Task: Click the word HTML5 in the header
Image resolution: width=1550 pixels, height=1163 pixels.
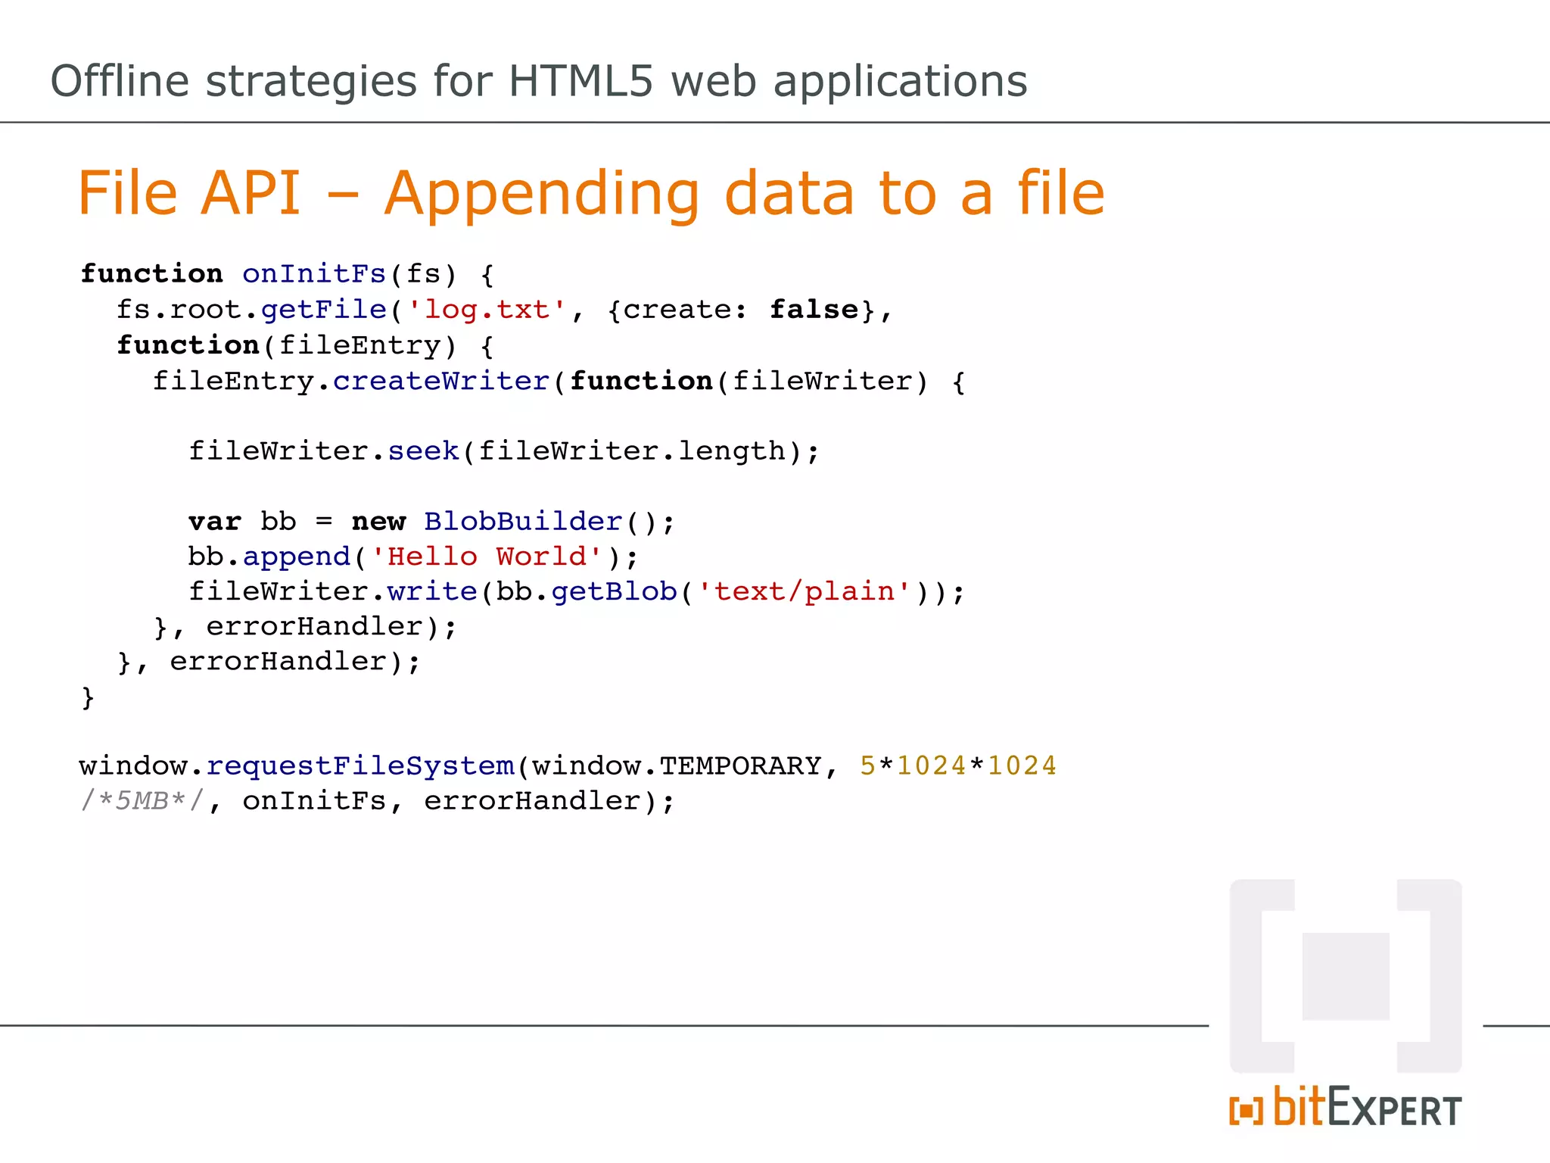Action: coord(580,81)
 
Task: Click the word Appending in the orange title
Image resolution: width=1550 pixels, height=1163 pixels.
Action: coord(543,194)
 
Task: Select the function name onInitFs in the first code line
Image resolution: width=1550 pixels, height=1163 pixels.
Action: coord(314,274)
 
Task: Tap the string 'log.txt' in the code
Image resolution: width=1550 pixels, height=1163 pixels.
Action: coord(487,310)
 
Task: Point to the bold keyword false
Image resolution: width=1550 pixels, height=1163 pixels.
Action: coord(814,310)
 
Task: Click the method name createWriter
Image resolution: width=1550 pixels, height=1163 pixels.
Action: coord(440,381)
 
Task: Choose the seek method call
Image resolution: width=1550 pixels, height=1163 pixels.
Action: coord(423,451)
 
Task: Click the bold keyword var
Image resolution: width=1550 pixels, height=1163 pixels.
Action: coord(215,522)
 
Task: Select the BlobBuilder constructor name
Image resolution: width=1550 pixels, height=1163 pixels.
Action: coord(523,522)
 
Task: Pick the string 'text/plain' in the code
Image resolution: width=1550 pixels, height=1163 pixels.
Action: coord(805,591)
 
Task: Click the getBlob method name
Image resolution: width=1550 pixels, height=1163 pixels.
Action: coord(614,591)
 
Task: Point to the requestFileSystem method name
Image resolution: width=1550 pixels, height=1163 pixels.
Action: coord(360,766)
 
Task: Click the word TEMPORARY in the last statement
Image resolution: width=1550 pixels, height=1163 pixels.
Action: coord(740,766)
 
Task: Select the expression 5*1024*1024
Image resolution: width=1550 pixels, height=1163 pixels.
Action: coord(958,766)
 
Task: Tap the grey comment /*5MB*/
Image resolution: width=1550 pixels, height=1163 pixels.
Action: coord(142,801)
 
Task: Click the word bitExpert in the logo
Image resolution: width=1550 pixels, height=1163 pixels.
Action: coord(1367,1108)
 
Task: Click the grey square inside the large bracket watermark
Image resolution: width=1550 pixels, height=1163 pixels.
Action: coord(1346,976)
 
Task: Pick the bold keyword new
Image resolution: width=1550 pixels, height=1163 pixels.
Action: coord(378,522)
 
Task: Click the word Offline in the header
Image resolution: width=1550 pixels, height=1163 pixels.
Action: coord(120,81)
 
